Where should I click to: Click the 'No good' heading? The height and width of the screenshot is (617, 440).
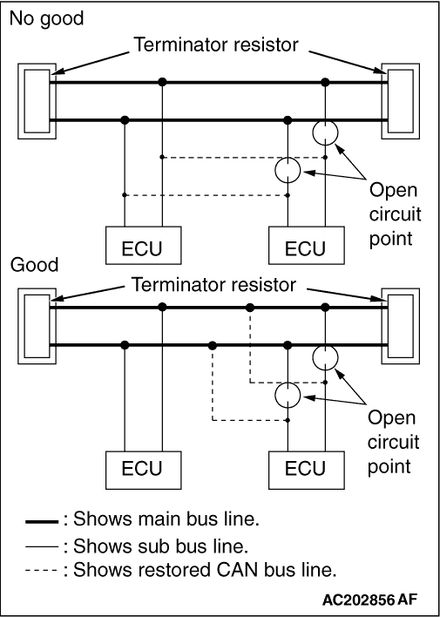(46, 18)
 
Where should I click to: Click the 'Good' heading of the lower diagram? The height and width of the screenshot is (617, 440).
(34, 264)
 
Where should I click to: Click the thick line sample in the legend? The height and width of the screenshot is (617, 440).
(42, 522)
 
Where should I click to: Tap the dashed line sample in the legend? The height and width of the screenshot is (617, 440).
(42, 571)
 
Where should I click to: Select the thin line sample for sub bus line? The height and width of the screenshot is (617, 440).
(42, 546)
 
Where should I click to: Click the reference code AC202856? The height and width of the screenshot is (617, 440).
(358, 600)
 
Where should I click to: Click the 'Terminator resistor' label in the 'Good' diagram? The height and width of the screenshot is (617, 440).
(213, 284)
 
